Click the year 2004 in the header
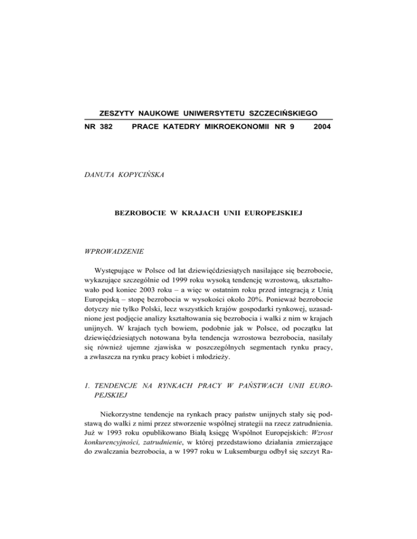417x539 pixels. [x=322, y=130]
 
